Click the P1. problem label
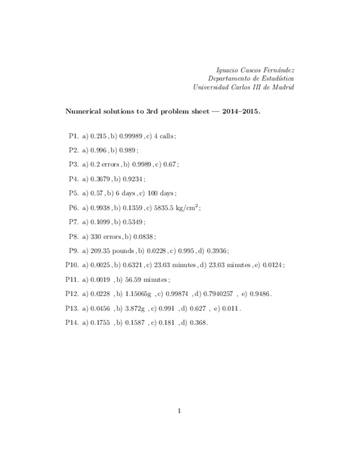pyautogui.click(x=74, y=135)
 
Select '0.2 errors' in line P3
pyautogui.click(x=99, y=164)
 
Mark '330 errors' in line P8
pyautogui.click(x=102, y=236)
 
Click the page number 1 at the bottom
pyautogui.click(x=180, y=410)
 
